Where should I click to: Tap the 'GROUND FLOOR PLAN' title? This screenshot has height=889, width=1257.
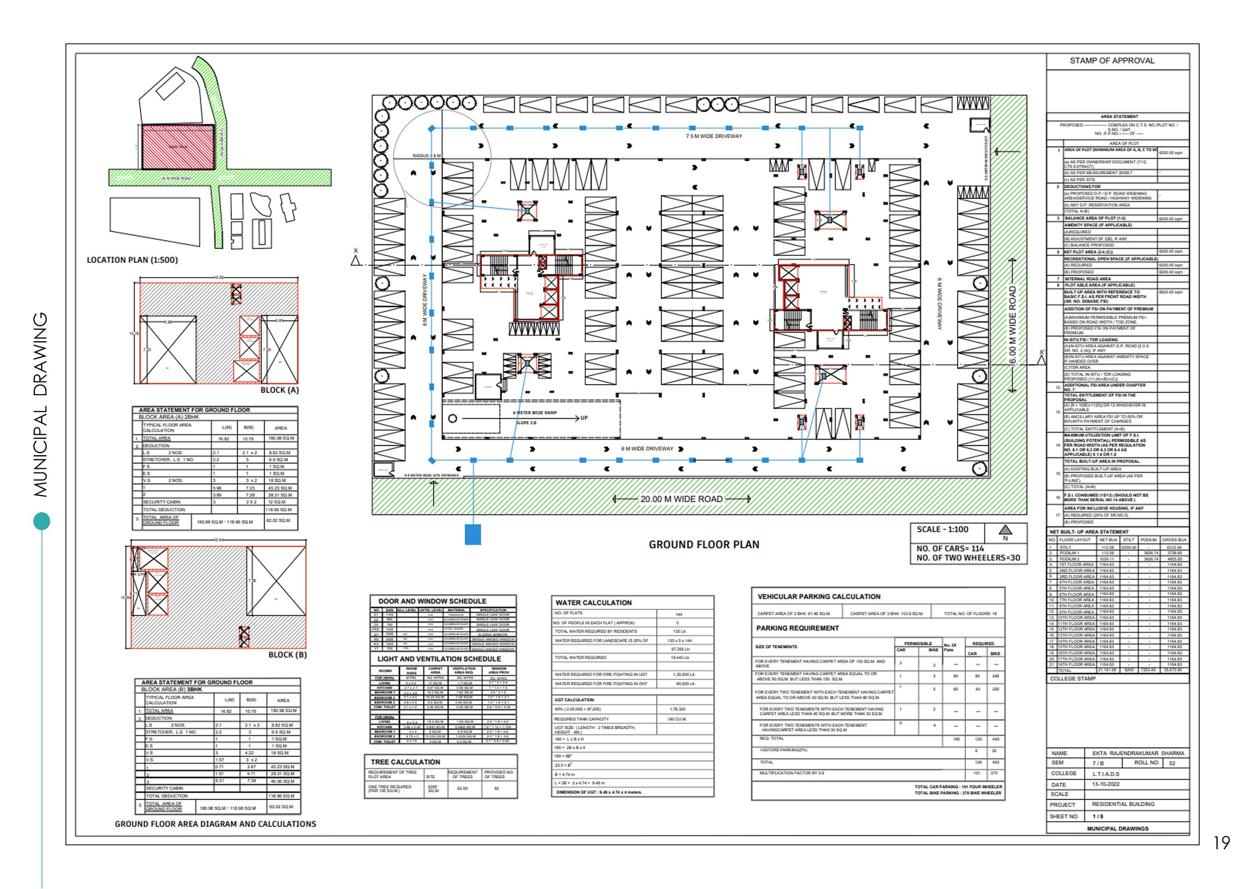pos(704,545)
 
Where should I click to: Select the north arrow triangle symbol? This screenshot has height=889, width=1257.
pos(1006,530)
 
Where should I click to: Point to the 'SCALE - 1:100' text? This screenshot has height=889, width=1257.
pos(942,529)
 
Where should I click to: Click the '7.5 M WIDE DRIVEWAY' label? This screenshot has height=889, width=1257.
pos(714,136)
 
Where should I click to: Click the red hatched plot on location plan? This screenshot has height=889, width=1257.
pos(178,147)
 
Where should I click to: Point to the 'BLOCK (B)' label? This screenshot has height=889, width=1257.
pos(287,655)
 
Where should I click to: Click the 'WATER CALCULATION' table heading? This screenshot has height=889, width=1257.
pos(594,603)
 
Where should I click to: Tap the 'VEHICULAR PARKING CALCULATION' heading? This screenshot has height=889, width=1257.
pos(819,597)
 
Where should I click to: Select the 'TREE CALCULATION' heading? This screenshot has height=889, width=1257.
pos(405,762)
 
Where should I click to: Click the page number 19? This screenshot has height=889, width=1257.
pos(1222,843)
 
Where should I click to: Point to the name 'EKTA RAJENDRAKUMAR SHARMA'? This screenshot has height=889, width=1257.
pos(1138,753)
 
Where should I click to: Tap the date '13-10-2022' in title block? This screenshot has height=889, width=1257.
pos(1106,784)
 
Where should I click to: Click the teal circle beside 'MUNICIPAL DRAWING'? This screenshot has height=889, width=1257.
pos(42,520)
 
